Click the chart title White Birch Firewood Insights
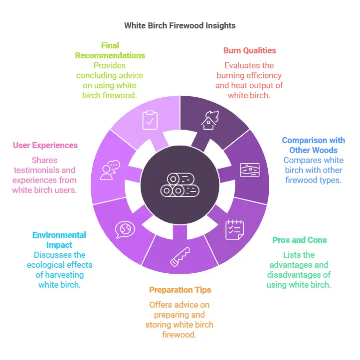click(180, 25)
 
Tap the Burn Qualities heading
click(249, 50)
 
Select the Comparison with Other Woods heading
click(313, 145)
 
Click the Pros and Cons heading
click(299, 240)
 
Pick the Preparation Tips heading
click(180, 290)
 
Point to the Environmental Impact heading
click(59, 240)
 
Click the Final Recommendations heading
click(110, 50)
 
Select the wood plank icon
click(249, 170)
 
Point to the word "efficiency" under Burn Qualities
click(264, 75)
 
